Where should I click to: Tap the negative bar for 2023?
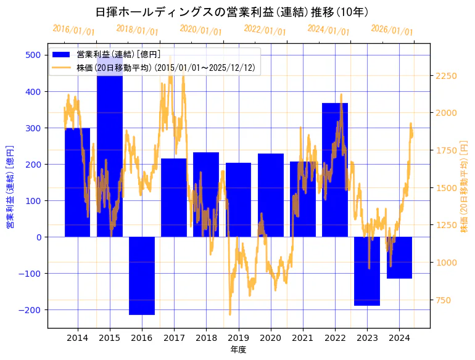click(367, 271)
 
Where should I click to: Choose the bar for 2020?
click(270, 195)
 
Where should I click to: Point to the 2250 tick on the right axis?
click(446, 76)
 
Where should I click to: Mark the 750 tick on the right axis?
click(444, 300)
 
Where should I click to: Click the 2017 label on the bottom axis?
click(174, 338)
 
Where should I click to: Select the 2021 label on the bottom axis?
click(303, 338)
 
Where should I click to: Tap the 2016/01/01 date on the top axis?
click(73, 30)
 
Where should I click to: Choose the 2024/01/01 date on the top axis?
click(328, 30)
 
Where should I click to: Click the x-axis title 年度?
click(238, 350)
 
